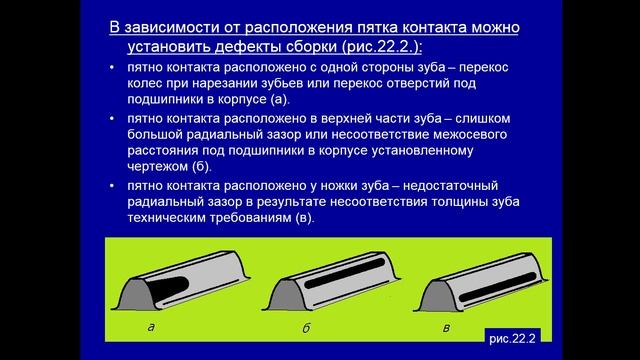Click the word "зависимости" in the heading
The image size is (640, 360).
click(x=173, y=24)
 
